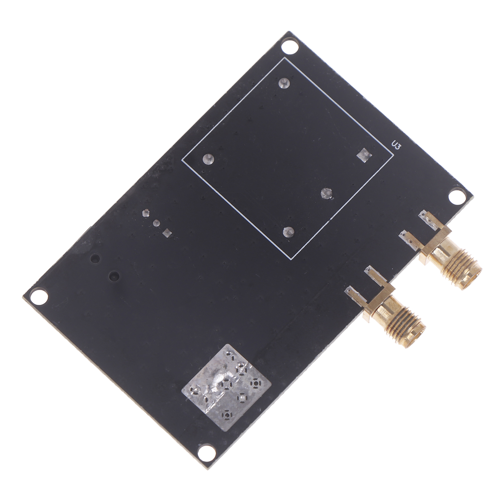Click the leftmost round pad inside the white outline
point(208,159)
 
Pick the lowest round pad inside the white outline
point(288,232)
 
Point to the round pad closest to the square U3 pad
point(327,194)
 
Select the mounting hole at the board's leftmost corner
point(39,296)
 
